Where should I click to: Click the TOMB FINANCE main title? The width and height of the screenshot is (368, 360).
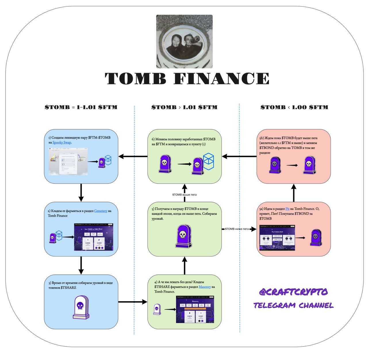[187, 78]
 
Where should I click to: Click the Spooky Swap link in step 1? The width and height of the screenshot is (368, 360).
[62, 143]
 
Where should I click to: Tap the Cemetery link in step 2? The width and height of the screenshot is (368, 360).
[101, 211]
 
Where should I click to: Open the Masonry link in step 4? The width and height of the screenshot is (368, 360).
[205, 287]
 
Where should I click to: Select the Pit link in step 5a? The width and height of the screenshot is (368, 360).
[287, 209]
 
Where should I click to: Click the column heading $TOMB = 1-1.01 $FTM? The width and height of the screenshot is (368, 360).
[81, 107]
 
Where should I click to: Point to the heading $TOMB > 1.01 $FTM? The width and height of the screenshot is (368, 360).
[184, 107]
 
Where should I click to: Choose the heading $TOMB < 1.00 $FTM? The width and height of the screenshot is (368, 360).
[294, 107]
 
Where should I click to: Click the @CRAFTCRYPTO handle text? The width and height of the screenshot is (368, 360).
[293, 292]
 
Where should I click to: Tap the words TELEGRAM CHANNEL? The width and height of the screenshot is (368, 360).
[293, 305]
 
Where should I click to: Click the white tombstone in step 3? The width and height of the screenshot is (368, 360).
[81, 307]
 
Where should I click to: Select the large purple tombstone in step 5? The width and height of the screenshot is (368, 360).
[184, 236]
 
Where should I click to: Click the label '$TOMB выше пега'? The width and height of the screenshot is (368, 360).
[184, 195]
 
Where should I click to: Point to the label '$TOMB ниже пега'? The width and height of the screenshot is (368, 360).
[237, 229]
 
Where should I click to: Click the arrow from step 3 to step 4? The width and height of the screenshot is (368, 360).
[133, 302]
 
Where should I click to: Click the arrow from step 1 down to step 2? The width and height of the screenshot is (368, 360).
[81, 192]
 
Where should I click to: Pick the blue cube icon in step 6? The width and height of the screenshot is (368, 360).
[209, 160]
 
